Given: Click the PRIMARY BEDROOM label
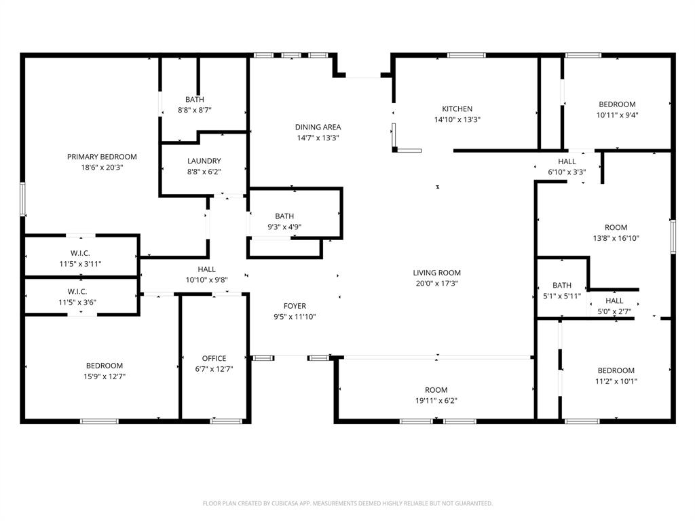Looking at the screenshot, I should click(x=102, y=157).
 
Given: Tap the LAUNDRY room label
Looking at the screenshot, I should click(x=204, y=161).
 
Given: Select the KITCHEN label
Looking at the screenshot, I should click(x=457, y=109).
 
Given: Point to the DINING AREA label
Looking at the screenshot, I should click(x=318, y=127).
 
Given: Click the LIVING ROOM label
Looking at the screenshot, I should click(x=436, y=273).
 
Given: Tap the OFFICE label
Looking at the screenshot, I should click(x=214, y=358).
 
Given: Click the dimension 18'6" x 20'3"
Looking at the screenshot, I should click(x=102, y=168).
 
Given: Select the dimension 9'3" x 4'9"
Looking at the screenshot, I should click(x=284, y=227).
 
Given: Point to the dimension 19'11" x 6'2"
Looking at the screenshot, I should click(x=436, y=401).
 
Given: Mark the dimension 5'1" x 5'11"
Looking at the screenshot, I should click(x=562, y=296).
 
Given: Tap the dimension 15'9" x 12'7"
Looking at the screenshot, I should click(x=104, y=377).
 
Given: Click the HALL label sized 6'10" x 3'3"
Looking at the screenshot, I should click(x=567, y=161).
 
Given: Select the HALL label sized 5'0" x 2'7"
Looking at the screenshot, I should click(x=614, y=301).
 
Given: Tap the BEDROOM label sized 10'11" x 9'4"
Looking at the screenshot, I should click(x=617, y=104).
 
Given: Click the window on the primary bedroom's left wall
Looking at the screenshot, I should click(x=22, y=199).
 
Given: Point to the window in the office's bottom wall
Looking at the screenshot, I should click(x=226, y=421).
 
